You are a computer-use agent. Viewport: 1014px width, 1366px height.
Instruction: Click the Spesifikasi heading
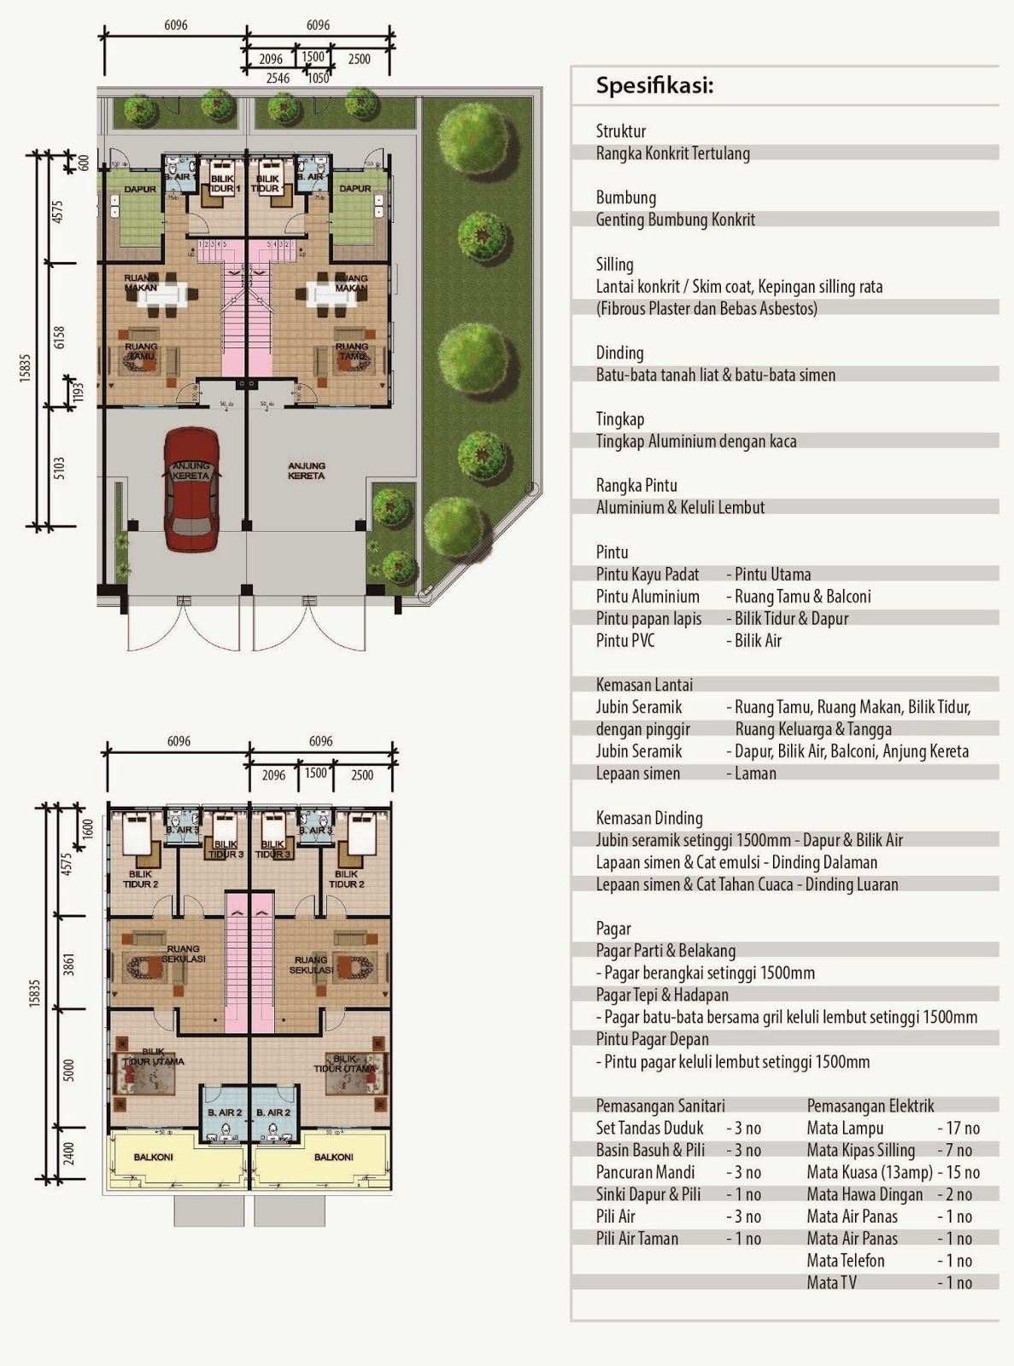(654, 85)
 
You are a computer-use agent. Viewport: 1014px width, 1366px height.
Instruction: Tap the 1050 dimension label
(318, 79)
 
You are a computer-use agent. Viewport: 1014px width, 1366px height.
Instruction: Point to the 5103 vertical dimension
(59, 468)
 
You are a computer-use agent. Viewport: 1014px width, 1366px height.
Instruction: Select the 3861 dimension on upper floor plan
(69, 964)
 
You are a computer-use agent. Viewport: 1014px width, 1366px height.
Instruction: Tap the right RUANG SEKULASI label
(310, 965)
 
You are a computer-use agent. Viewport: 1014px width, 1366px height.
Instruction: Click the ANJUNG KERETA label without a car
(306, 470)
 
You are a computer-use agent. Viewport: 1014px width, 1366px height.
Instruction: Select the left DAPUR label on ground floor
(140, 189)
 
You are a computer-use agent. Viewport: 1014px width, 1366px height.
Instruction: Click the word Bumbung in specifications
(625, 197)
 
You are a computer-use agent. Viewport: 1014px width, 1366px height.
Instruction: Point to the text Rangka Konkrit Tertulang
(672, 154)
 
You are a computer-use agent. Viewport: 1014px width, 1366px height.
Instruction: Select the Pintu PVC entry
(625, 640)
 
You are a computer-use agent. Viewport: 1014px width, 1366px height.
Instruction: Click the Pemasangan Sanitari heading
(660, 1106)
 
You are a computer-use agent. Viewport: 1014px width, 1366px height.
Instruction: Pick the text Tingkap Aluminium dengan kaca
(696, 441)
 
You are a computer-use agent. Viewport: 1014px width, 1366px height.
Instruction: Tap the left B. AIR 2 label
(225, 1112)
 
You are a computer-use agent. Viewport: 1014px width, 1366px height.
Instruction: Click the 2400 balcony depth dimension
(69, 1153)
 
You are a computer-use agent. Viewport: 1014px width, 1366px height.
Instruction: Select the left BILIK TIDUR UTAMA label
(153, 1056)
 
